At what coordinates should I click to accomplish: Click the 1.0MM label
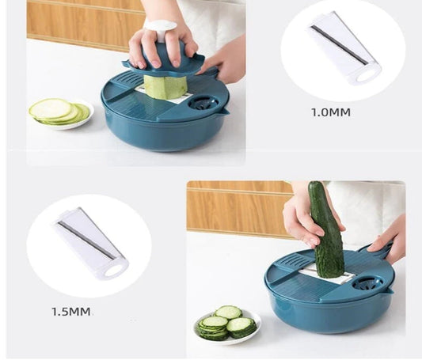(x=331, y=112)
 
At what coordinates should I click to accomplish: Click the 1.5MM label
(x=70, y=312)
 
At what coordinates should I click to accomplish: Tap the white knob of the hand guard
(x=161, y=29)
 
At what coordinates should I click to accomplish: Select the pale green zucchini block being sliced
(x=165, y=85)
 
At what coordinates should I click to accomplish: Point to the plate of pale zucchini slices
(x=62, y=114)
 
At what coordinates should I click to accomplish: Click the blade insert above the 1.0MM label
(x=344, y=49)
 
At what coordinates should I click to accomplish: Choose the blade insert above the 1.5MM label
(x=90, y=244)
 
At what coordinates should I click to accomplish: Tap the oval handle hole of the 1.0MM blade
(x=366, y=77)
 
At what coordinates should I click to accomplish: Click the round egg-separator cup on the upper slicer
(x=203, y=104)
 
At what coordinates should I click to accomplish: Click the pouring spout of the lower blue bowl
(x=389, y=291)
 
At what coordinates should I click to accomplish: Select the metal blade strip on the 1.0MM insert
(x=340, y=45)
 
